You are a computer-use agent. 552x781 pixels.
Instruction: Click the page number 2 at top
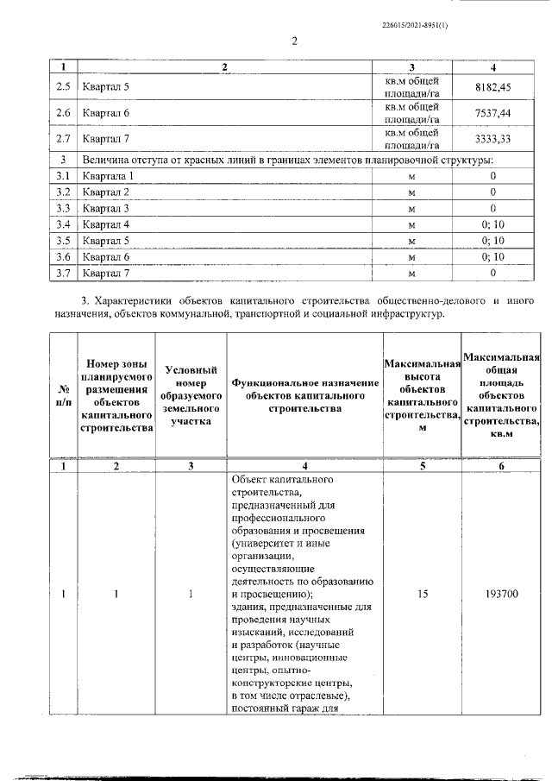(293, 41)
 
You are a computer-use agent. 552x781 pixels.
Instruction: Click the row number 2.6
(62, 112)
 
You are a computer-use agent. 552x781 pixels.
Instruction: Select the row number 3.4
(62, 224)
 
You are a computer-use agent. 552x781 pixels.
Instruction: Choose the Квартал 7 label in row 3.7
(106, 274)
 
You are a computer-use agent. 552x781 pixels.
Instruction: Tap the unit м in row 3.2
(411, 192)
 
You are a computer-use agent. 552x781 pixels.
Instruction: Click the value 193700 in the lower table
(501, 594)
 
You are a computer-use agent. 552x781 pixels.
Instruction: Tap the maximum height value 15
(422, 594)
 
